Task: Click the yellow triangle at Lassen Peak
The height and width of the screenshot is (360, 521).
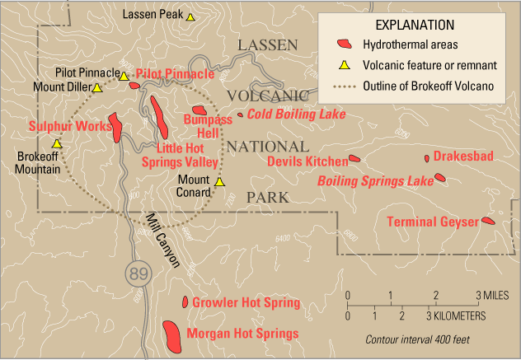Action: (190, 16)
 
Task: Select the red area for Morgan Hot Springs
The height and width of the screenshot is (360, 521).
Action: (172, 334)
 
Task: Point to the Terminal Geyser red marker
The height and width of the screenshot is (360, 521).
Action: (488, 221)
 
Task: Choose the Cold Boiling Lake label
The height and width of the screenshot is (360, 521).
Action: (284, 115)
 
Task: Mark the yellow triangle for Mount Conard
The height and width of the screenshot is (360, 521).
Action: (219, 183)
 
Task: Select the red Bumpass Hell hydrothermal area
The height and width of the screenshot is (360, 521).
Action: (199, 110)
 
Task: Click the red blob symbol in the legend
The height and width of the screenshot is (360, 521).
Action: (342, 44)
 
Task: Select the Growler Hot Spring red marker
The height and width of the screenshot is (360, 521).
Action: (185, 302)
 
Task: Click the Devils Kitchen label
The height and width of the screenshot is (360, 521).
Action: (307, 161)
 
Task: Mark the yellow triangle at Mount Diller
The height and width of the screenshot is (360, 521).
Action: (97, 87)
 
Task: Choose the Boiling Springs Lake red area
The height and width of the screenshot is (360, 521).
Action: (439, 177)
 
